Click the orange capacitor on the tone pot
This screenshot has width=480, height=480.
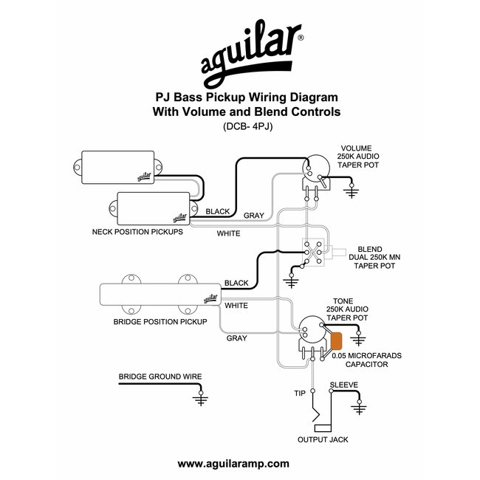337,341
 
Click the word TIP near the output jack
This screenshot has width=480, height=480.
300,393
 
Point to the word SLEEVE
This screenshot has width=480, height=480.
344,385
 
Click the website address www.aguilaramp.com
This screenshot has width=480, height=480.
233,464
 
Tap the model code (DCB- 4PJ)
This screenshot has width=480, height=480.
244,126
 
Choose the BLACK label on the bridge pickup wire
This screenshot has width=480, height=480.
236,284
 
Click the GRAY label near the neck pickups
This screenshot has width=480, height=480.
254,216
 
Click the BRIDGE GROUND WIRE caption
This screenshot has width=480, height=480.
160,377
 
